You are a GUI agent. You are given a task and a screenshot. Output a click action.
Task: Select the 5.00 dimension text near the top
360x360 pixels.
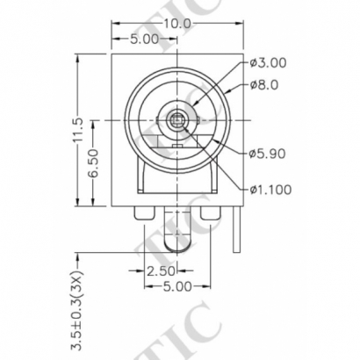pos(145,40)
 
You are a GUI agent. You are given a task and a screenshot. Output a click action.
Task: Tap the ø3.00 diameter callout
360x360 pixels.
pos(267,62)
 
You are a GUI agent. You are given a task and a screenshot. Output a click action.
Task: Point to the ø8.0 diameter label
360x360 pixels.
pos(264,85)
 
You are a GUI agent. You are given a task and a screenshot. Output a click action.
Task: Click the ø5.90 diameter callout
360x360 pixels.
pos(267,155)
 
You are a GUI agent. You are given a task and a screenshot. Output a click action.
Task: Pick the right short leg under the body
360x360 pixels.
pos(211,213)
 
